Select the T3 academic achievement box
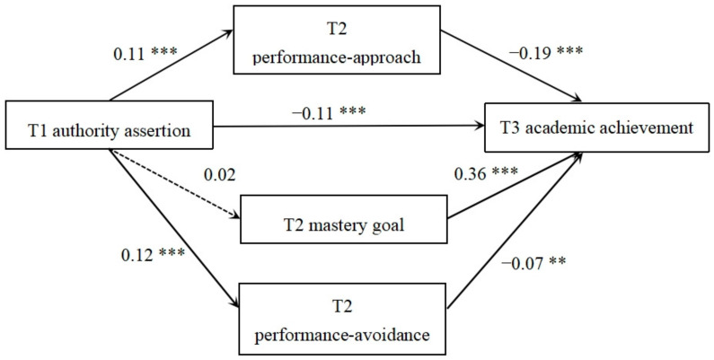pos(596,128)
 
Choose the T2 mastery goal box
pos(344,215)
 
